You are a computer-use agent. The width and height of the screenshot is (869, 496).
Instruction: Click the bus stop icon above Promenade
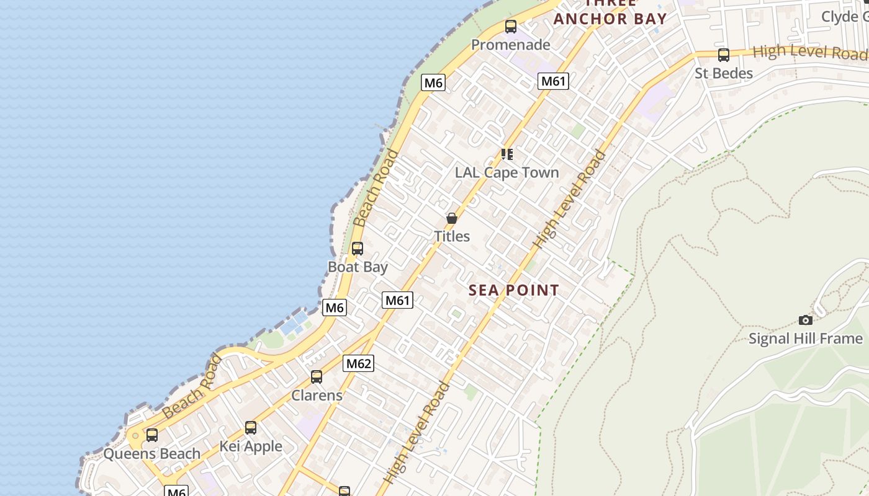(510, 27)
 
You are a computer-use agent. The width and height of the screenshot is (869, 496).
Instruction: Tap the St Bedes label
(723, 73)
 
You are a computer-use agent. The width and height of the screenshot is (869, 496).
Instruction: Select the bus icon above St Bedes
(723, 55)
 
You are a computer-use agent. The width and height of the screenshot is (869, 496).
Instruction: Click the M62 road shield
(358, 363)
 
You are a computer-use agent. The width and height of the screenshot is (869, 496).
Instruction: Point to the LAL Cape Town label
(507, 172)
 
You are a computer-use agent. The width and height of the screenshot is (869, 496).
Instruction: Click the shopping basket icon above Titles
(452, 218)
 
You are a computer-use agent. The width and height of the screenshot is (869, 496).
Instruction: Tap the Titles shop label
(451, 236)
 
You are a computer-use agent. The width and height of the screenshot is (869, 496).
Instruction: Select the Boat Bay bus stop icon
(357, 249)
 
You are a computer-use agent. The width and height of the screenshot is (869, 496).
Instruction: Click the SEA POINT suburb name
(513, 290)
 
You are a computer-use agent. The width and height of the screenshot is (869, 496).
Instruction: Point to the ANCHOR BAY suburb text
(610, 19)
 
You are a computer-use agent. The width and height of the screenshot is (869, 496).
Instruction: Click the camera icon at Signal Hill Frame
(805, 320)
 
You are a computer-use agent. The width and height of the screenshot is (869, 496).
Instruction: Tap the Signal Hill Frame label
(805, 339)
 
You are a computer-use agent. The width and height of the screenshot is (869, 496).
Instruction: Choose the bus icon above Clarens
(317, 377)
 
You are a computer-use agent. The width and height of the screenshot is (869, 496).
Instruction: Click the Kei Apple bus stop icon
(251, 428)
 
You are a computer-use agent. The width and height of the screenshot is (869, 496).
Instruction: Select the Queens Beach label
(151, 454)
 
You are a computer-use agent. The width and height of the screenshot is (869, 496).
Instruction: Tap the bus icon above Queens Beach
(152, 435)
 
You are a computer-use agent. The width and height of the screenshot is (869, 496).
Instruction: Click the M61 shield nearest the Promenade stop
(553, 81)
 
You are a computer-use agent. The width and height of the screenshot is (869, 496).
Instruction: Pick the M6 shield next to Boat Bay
(334, 308)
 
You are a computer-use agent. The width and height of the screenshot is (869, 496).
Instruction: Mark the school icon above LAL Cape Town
(507, 154)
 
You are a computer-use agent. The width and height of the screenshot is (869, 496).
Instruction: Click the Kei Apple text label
(251, 446)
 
